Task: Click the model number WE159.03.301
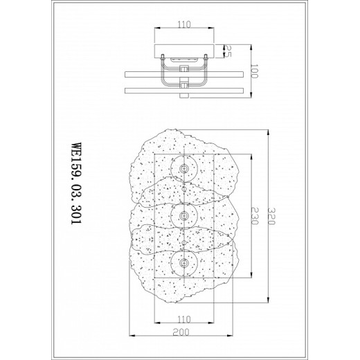tap(76, 183)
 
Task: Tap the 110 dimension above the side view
tap(184, 24)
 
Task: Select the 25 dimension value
tap(228, 51)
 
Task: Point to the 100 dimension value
tap(254, 71)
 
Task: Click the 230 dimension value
tap(255, 216)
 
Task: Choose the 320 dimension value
tap(271, 216)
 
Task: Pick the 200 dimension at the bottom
tap(181, 332)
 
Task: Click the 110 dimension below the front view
tap(184, 320)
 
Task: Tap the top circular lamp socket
tap(184, 169)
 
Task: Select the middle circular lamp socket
tap(184, 216)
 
